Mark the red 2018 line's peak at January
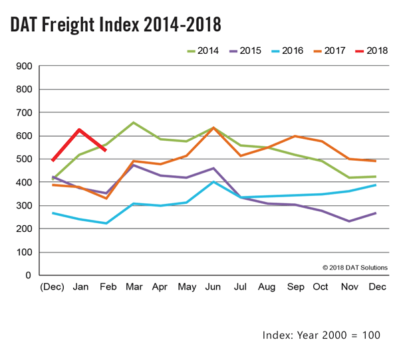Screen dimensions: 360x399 pyautogui.click(x=80, y=130)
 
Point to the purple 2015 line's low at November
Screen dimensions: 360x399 pyautogui.click(x=349, y=221)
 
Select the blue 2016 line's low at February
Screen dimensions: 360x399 pyautogui.click(x=106, y=223)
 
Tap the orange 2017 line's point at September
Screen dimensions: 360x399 pyautogui.click(x=295, y=136)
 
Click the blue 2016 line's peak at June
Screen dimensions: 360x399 pyautogui.click(x=212, y=181)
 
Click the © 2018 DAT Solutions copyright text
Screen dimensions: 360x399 pyautogui.click(x=354, y=268)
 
